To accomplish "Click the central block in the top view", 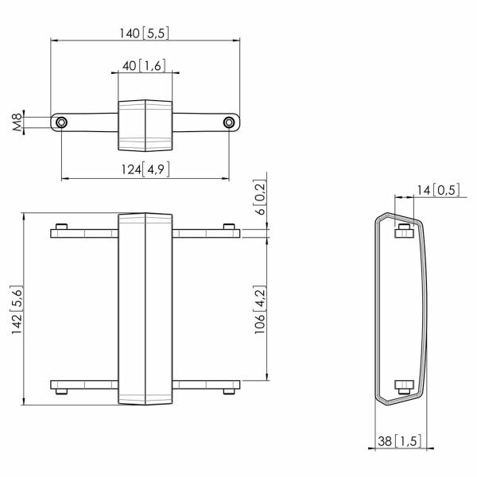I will (x=145, y=125).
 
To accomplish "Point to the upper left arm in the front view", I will (x=84, y=233).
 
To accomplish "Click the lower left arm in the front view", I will (x=84, y=386).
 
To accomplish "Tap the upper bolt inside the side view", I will (x=402, y=231).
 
